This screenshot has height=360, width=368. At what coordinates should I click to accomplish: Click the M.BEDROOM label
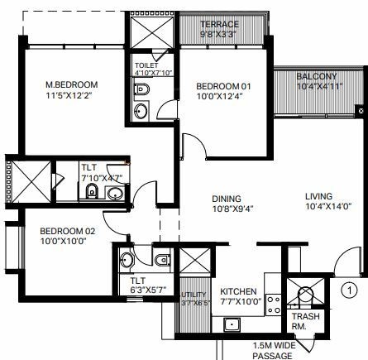click(72, 84)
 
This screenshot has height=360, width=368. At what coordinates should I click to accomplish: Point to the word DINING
click(225, 199)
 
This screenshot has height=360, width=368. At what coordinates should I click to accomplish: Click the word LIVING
click(318, 196)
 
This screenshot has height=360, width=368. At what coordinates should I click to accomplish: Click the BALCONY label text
click(317, 77)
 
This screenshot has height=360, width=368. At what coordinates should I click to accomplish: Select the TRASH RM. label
click(300, 322)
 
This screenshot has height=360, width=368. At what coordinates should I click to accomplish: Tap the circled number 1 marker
click(350, 290)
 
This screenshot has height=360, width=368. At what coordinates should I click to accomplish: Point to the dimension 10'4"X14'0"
click(318, 208)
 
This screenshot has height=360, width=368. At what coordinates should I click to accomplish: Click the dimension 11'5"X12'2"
click(72, 96)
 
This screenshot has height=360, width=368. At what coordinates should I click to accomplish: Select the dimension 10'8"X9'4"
click(225, 209)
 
